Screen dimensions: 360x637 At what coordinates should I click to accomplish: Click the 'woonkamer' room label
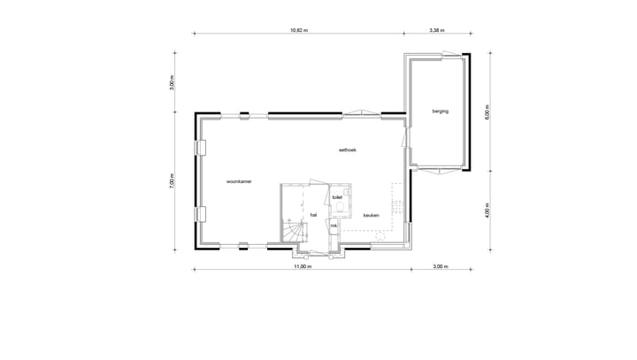point(240,180)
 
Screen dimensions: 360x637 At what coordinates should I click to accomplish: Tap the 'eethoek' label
point(347,150)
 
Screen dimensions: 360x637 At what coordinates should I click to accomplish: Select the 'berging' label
point(440,111)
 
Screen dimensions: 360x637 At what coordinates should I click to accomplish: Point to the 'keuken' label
point(372,215)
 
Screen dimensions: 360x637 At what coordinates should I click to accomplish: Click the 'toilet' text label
point(337,197)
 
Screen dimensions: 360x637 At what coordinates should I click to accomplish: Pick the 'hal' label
point(313,214)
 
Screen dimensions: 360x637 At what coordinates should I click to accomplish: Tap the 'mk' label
point(334,226)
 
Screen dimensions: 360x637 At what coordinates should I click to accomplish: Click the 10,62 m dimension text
point(300,30)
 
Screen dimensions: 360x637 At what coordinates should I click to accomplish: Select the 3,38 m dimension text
point(436,30)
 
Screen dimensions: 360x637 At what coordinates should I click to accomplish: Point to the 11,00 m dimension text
point(303,265)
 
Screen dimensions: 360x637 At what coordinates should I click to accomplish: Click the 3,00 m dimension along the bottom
point(440,265)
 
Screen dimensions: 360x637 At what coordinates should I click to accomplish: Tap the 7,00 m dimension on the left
point(173,181)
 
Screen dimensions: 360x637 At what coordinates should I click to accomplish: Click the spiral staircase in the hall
point(293,232)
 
